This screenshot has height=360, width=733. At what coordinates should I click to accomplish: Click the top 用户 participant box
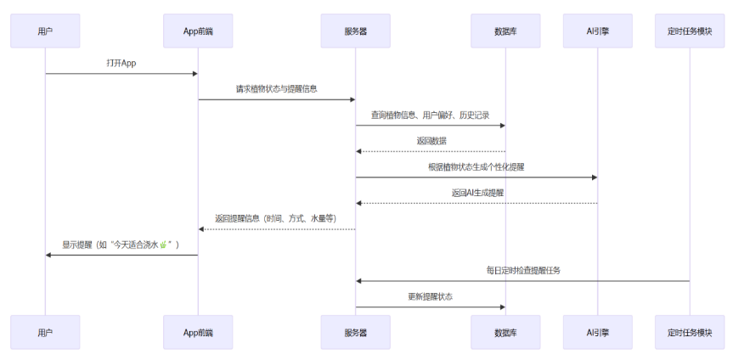point(45,31)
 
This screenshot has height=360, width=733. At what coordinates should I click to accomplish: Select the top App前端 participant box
point(198,31)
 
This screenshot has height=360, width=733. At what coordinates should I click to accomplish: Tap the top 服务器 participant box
point(355,31)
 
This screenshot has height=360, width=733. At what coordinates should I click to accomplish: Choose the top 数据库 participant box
point(505,31)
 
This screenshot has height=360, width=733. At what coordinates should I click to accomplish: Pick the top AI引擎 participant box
point(597,31)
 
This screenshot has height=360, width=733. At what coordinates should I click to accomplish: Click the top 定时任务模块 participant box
point(689,31)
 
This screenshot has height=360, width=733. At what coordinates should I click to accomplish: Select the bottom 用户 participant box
point(45,332)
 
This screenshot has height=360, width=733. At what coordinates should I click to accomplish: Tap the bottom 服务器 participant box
point(355,332)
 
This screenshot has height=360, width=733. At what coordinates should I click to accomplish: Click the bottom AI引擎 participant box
point(597,332)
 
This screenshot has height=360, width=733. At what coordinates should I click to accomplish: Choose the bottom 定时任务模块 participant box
point(689,332)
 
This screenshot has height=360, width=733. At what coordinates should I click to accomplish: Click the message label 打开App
point(121,64)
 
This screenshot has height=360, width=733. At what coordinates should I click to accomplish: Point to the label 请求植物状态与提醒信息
point(277,89)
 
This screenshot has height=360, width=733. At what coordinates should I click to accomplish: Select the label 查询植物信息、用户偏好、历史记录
point(430,115)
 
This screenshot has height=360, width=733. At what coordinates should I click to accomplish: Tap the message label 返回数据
point(431,141)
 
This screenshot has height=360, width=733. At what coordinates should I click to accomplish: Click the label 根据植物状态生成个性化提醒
point(476,167)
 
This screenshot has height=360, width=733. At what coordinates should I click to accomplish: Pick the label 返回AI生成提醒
point(476,193)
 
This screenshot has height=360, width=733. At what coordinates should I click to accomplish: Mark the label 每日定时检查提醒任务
point(522,270)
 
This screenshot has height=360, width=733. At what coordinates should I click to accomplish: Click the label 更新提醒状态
point(431,296)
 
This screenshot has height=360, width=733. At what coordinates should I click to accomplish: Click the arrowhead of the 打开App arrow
point(194,74)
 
